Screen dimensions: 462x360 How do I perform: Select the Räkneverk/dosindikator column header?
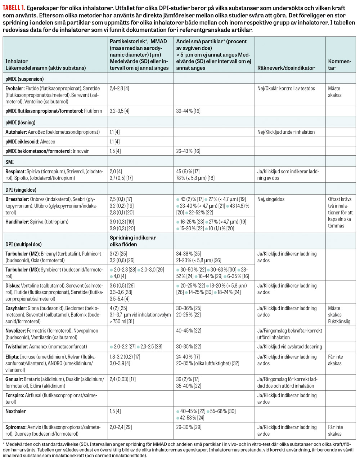[x=286, y=68]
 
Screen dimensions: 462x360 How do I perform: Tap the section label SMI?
[x=10, y=162]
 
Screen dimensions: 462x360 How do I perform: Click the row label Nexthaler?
[x=16, y=411]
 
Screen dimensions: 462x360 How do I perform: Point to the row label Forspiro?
[x=15, y=395]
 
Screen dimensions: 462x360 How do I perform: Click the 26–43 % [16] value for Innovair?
[x=188, y=151]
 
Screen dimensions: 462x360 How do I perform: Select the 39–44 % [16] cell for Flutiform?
[x=188, y=111]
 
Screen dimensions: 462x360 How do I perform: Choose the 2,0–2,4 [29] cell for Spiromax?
[x=121, y=427]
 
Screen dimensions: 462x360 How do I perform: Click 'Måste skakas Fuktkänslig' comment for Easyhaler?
[x=339, y=315]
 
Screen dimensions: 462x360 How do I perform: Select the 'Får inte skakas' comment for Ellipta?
[x=335, y=360]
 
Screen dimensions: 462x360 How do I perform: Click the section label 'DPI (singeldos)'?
[x=21, y=190]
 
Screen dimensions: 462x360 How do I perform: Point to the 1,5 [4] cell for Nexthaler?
[x=115, y=411]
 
